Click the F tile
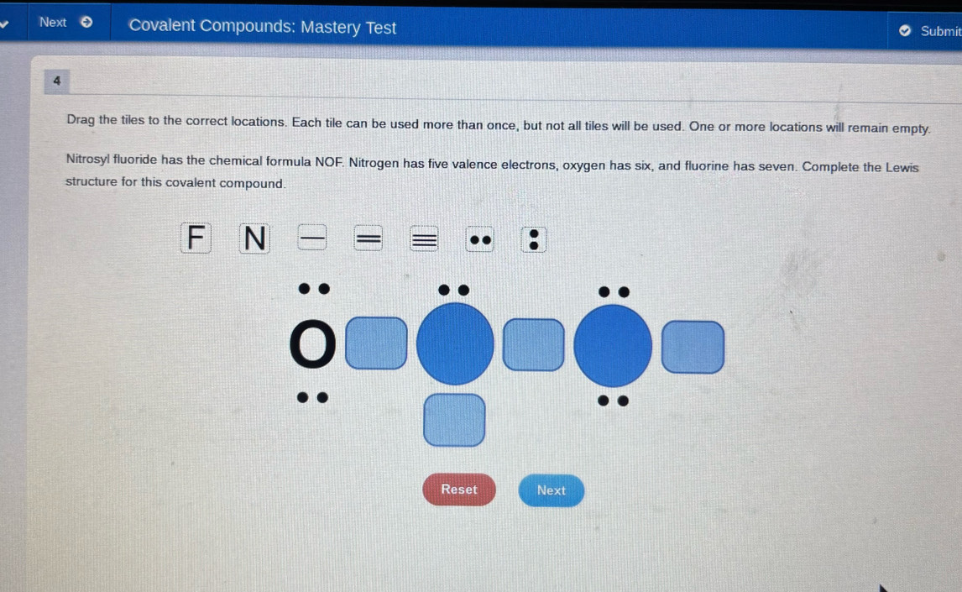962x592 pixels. [x=196, y=238]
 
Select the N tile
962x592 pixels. [x=254, y=238]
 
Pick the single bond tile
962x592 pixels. [x=311, y=238]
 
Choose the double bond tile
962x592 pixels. [x=369, y=238]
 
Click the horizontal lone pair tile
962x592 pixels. [x=480, y=240]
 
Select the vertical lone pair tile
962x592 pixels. [x=534, y=240]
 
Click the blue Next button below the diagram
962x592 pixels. [x=551, y=490]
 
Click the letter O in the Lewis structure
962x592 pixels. [x=312, y=344]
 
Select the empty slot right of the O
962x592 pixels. [x=376, y=343]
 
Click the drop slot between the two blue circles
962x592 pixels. [x=533, y=345]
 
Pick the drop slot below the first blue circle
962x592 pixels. [x=454, y=420]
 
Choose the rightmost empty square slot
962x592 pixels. [x=693, y=347]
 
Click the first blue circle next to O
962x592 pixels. [x=455, y=344]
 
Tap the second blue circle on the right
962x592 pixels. [x=612, y=346]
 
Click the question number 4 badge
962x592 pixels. [x=57, y=81]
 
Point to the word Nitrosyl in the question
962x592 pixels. [x=88, y=159]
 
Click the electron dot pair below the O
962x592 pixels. [x=312, y=397]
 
